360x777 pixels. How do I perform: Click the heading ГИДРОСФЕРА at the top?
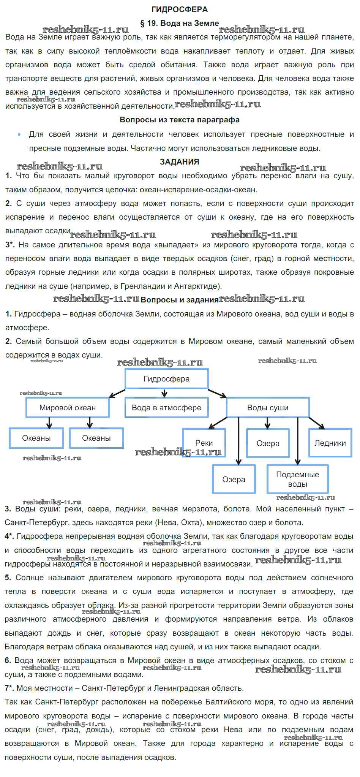point(180,9)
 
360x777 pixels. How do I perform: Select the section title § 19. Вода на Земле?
point(180,23)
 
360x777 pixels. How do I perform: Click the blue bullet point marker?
point(19,135)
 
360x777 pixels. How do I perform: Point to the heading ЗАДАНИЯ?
point(180,162)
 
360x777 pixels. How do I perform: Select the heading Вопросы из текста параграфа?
point(180,120)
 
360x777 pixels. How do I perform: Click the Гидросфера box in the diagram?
point(166,379)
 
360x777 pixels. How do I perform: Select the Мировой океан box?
point(68,408)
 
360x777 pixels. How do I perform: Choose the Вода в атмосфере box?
point(166,408)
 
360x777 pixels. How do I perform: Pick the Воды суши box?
point(268,408)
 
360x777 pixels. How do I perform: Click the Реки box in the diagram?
point(204,443)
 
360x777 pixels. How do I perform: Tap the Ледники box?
point(330,443)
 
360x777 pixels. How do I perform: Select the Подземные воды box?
point(297,479)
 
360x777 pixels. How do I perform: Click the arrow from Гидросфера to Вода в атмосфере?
point(164,393)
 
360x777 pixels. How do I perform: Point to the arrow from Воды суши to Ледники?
point(316,423)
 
